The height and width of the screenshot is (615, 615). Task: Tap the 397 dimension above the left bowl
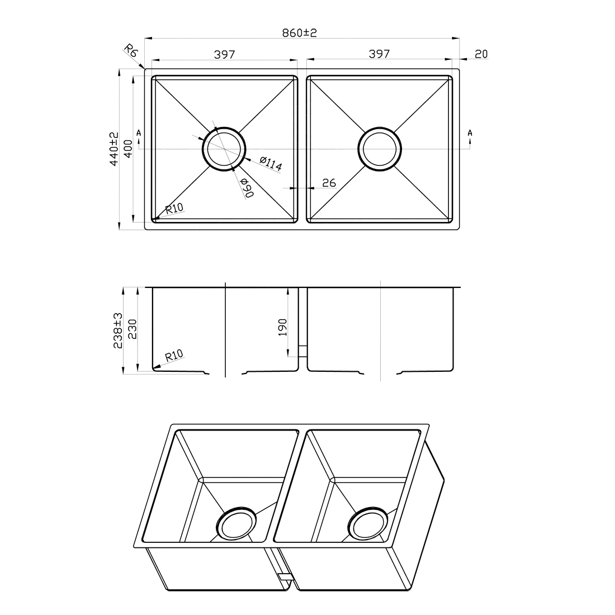[x=224, y=54]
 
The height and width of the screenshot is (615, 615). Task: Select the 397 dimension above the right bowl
[x=379, y=54]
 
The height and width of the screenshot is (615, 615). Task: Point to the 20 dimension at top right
[x=481, y=54]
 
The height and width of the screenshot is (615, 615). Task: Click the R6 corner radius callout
[x=131, y=52]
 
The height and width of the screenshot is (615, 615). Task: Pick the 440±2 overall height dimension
[x=113, y=149]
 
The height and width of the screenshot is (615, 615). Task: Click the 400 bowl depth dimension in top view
[x=128, y=149]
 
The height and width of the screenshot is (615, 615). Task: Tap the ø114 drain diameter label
[x=271, y=164]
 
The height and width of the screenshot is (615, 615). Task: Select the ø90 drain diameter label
[x=247, y=188]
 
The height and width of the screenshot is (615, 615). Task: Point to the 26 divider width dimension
[x=329, y=183]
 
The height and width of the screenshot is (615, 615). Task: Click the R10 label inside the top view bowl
[x=174, y=209]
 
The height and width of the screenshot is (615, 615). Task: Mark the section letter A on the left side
[x=139, y=133]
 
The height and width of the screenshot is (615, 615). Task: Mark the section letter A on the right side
[x=470, y=133]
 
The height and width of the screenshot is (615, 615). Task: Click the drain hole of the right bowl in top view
[x=380, y=149]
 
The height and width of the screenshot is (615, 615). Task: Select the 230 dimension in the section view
[x=132, y=330]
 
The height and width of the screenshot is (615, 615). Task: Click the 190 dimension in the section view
[x=282, y=327]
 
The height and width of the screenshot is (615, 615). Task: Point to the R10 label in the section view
[x=174, y=356]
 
